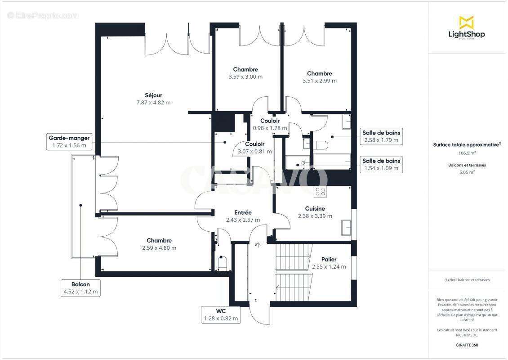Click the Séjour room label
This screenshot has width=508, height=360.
pyautogui.click(x=153, y=95)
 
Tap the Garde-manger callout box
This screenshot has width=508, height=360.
pyautogui.click(x=69, y=141)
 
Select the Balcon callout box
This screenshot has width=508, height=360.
pyautogui.click(x=80, y=288)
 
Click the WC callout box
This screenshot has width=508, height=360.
pyautogui.click(x=220, y=315)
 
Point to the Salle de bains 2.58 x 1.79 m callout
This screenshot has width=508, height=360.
pyautogui.click(x=382, y=136)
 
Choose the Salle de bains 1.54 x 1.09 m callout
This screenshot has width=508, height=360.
pyautogui.click(x=382, y=165)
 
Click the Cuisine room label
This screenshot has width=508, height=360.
pyautogui.click(x=315, y=209)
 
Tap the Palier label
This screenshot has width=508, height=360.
pyautogui.click(x=329, y=260)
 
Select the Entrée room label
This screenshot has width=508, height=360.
pyautogui.click(x=243, y=212)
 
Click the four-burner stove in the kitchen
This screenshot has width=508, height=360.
pyautogui.click(x=320, y=192)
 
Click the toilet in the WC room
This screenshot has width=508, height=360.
pyautogui.click(x=222, y=262)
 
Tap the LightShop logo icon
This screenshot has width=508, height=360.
pyautogui.click(x=466, y=22)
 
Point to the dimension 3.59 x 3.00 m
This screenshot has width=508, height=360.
pyautogui.click(x=245, y=77)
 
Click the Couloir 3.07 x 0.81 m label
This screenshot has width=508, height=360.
pyautogui.click(x=254, y=148)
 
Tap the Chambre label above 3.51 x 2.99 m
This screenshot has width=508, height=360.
pyautogui.click(x=320, y=73)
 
